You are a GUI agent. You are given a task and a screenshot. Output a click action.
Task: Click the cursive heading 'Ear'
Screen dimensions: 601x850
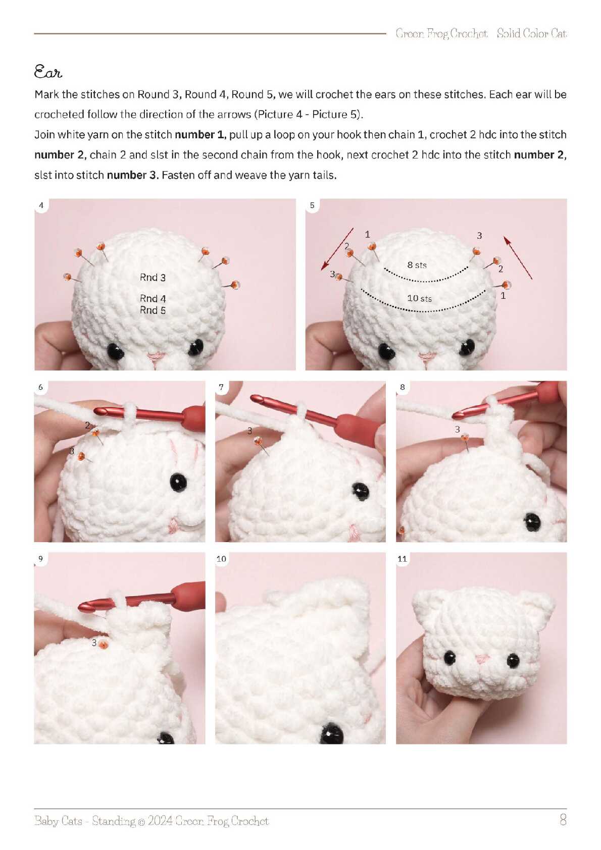48,72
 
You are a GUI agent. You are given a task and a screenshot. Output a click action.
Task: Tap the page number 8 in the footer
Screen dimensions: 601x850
563,820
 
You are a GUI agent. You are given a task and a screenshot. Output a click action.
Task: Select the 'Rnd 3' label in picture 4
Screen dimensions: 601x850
153,278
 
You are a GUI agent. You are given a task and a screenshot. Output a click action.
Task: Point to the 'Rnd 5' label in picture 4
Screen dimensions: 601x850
153,310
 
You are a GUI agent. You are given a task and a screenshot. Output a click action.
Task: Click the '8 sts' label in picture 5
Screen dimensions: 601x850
417,265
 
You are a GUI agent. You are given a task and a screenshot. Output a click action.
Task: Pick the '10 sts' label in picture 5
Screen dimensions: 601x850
420,299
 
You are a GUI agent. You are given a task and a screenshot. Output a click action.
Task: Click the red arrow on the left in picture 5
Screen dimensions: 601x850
337,249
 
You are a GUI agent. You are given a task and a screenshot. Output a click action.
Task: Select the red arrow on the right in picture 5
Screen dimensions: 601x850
518,257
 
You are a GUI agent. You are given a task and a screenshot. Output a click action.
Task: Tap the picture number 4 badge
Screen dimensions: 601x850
41,205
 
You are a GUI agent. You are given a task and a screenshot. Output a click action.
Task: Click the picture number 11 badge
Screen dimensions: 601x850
402,559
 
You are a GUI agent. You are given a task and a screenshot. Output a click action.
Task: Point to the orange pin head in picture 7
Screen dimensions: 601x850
258,441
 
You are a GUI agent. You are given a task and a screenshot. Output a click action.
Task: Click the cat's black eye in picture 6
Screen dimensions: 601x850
178,483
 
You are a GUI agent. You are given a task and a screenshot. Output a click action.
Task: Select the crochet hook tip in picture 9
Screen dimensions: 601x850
80,607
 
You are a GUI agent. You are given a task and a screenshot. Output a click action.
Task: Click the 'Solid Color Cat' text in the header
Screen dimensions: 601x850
531,34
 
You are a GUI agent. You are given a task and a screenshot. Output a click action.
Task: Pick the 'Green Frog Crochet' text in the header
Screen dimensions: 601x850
441,34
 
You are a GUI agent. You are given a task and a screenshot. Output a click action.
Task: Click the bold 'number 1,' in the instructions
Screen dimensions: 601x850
200,135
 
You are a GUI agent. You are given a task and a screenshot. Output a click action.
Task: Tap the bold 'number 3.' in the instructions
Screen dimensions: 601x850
132,175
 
